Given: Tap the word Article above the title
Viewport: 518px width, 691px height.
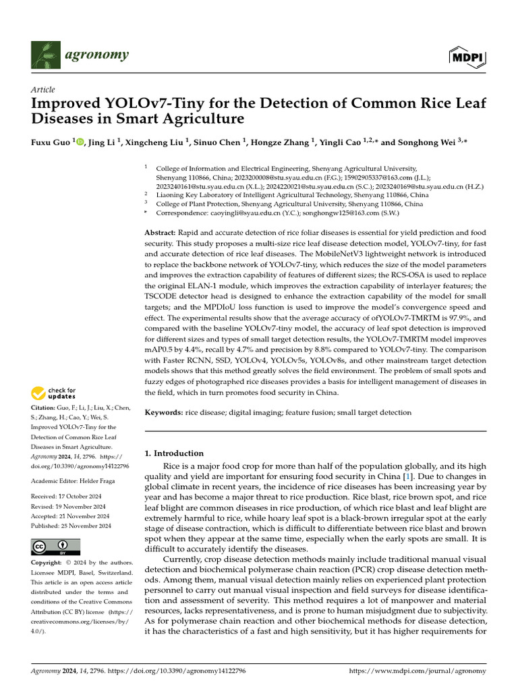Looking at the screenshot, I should tap(42, 90).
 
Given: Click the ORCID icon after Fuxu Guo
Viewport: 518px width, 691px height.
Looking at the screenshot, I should tap(80, 142).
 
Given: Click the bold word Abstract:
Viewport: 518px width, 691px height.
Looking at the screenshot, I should tap(162, 232).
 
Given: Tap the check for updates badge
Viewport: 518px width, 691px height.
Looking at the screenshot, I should tap(53, 393).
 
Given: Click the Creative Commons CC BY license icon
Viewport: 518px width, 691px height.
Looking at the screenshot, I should tap(55, 547).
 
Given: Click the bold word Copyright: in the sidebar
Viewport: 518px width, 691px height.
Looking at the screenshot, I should tap(47, 563).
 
